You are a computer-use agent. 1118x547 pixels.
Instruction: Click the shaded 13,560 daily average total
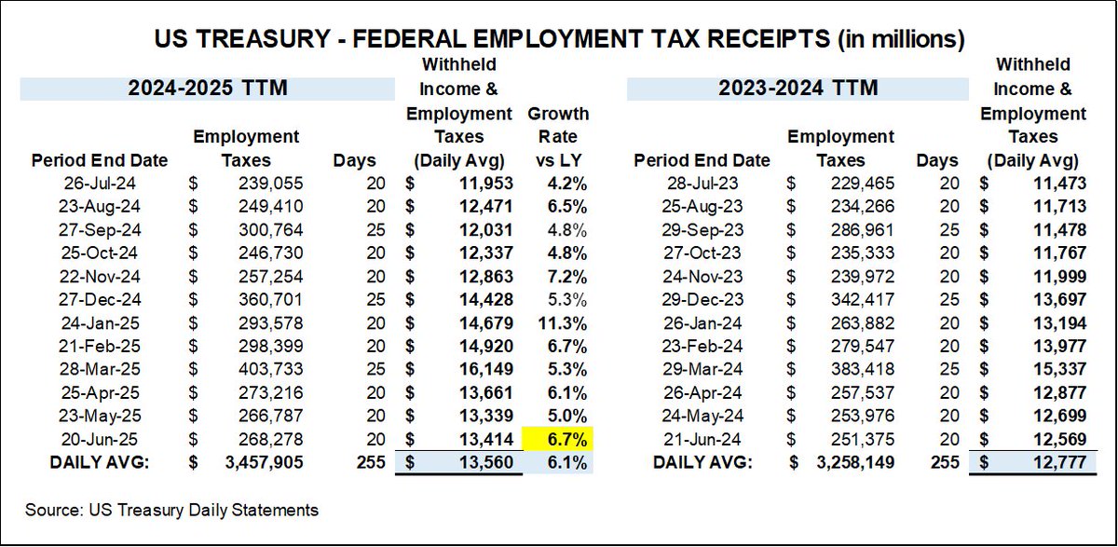click(484, 460)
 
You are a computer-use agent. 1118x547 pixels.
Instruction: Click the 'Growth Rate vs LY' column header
click(558, 137)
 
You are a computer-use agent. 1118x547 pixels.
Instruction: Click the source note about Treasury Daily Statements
click(172, 510)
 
